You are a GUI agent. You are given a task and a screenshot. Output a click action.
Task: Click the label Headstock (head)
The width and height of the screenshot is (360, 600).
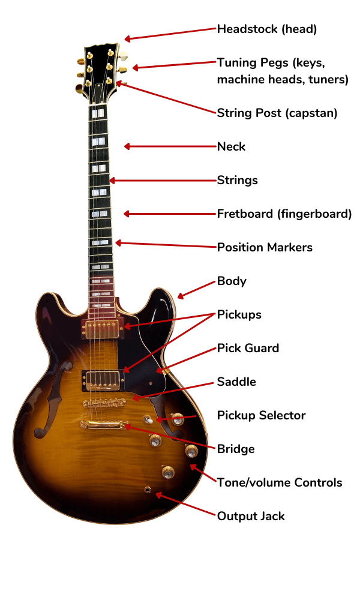[x=266, y=29]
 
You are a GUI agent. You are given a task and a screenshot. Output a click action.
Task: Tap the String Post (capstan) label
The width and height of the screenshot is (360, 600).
[x=277, y=113]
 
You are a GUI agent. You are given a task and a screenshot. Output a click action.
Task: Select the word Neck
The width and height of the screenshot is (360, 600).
[x=231, y=146]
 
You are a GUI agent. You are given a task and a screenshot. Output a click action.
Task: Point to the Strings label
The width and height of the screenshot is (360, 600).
[x=237, y=180]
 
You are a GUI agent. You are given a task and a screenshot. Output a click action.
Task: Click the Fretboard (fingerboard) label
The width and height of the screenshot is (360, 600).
[x=284, y=214]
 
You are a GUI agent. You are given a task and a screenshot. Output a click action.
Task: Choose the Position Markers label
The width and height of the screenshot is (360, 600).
[x=265, y=247]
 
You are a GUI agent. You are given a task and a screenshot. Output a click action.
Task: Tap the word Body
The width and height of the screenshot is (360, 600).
[x=232, y=281]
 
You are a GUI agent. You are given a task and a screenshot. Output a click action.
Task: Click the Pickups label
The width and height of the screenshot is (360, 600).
[x=239, y=314]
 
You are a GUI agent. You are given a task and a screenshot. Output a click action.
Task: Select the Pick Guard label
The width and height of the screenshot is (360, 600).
[x=248, y=348]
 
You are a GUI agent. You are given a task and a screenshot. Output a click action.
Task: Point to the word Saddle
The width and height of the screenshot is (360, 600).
[x=236, y=382]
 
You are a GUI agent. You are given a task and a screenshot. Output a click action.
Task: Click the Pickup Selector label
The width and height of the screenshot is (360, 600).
[x=261, y=415]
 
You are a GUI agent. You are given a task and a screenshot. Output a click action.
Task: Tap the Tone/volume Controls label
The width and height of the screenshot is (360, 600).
[x=280, y=482]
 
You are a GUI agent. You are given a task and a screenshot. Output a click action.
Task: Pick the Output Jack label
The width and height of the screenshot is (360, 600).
[x=251, y=516]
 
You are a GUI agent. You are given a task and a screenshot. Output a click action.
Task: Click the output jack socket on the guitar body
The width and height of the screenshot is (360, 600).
[x=147, y=490]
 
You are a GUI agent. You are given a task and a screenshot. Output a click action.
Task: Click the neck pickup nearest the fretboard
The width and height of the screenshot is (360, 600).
[x=103, y=329]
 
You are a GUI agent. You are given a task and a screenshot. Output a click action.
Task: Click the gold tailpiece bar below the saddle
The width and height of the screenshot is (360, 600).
[x=104, y=424]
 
